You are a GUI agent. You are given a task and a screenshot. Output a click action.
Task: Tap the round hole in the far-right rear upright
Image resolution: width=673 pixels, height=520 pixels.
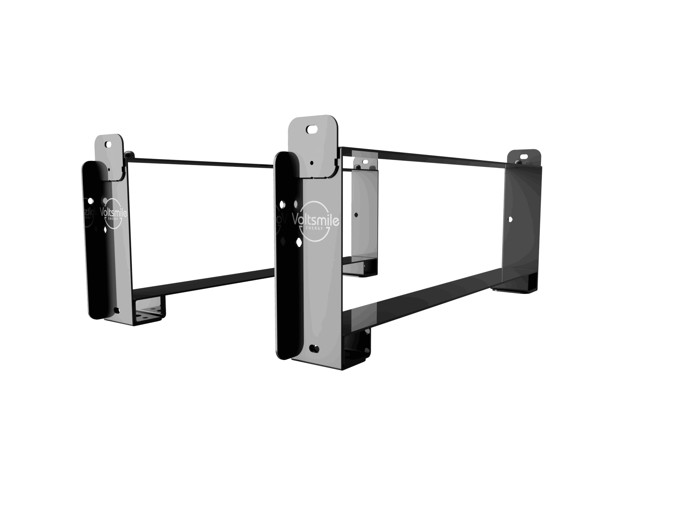510,220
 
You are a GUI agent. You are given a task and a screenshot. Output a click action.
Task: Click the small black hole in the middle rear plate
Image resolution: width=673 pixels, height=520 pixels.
356,215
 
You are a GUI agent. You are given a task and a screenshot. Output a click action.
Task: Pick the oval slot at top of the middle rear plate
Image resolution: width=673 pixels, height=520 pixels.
365,161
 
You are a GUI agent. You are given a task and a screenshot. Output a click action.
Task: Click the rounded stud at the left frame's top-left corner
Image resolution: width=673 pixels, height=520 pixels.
129,153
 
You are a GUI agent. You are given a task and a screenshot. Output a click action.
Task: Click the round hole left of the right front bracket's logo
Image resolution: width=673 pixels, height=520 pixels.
282,204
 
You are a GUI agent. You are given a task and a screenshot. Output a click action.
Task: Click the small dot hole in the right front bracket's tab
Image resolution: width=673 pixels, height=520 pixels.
312,162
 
